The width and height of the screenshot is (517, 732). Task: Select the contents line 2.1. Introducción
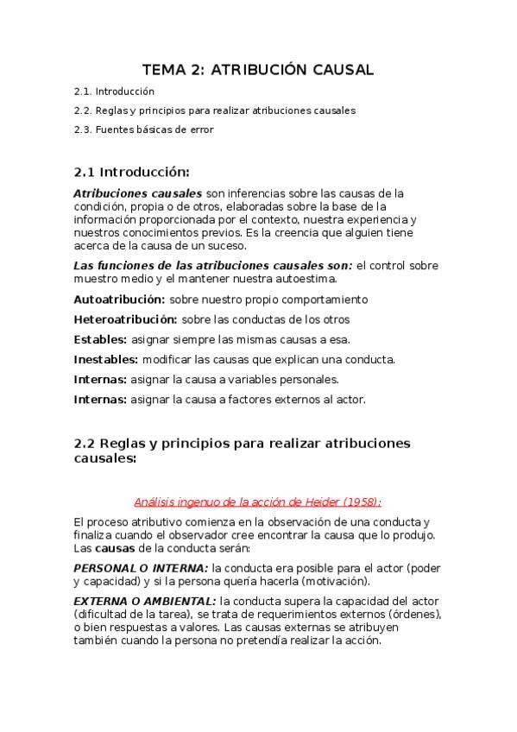pyautogui.click(x=114, y=91)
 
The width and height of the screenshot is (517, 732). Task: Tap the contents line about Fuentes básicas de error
pyautogui.click(x=142, y=129)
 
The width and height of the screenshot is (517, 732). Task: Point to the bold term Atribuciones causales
pyautogui.click(x=138, y=192)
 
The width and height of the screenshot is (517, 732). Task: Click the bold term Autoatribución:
pyautogui.click(x=119, y=300)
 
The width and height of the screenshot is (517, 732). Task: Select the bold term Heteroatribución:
pyautogui.click(x=126, y=319)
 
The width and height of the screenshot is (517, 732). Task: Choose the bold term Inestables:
pyautogui.click(x=105, y=359)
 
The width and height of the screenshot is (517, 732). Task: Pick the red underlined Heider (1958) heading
pyautogui.click(x=258, y=502)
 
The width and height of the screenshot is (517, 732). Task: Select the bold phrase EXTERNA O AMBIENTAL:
pyautogui.click(x=145, y=600)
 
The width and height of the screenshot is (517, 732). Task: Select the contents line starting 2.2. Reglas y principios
pyautogui.click(x=214, y=110)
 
